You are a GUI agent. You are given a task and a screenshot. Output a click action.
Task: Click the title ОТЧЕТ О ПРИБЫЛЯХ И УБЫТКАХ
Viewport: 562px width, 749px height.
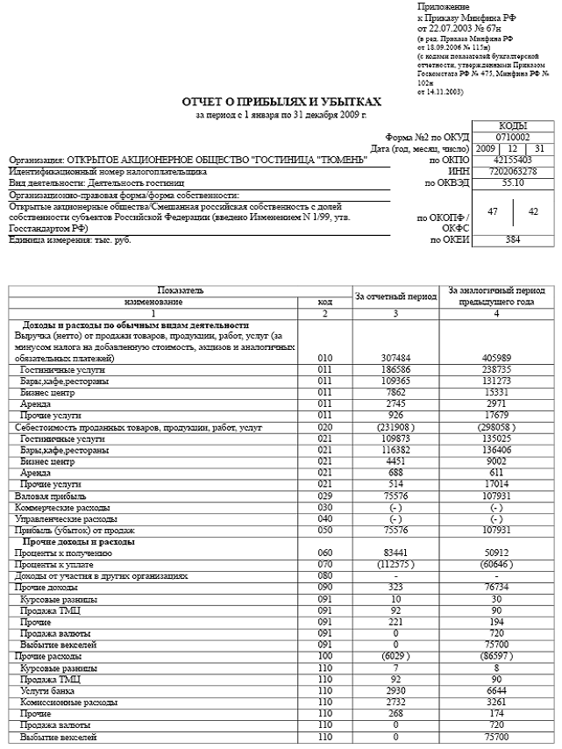tap(281, 103)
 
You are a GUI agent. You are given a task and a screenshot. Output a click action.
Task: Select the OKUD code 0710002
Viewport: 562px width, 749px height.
tap(512, 137)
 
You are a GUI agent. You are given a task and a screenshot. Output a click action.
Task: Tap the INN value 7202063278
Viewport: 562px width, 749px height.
tap(512, 171)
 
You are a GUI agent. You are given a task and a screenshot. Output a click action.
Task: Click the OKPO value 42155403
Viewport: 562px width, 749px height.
tap(512, 160)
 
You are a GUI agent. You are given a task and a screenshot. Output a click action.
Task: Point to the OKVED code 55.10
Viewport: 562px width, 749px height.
tap(512, 182)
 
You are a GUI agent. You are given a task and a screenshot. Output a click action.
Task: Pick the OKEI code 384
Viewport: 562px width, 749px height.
tap(512, 239)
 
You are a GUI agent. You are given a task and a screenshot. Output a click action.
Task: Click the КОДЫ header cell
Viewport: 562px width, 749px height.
tap(512, 125)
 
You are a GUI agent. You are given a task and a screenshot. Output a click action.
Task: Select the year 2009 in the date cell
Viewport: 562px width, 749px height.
tap(485, 148)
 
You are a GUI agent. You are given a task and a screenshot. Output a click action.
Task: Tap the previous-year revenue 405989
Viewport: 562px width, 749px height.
tap(496, 358)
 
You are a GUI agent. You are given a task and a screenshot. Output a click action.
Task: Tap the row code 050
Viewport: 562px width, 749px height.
tap(325, 530)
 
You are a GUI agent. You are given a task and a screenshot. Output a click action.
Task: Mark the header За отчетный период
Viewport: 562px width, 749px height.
tap(395, 296)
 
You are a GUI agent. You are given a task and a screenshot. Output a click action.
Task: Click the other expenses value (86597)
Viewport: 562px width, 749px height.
tap(496, 655)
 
